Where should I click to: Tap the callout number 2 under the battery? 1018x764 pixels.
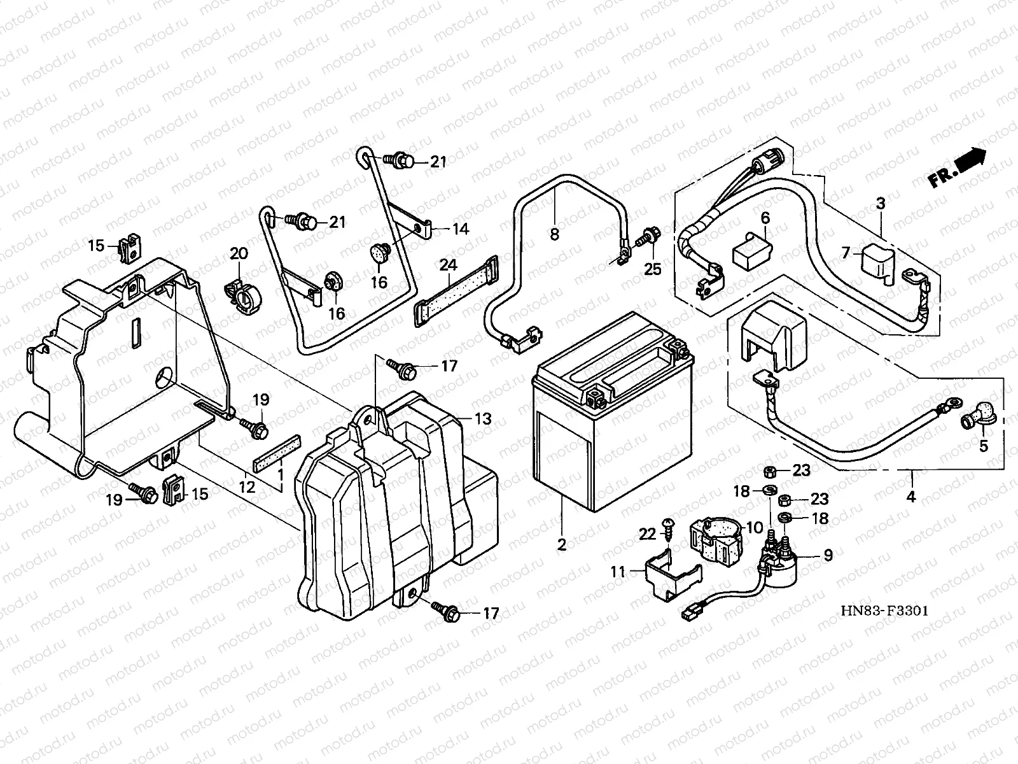tap(561, 545)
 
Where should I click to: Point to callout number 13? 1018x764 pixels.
tap(483, 419)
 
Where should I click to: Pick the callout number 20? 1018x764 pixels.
tap(239, 254)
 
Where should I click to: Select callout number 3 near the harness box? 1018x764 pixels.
tap(880, 204)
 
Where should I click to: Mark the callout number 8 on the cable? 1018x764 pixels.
tap(554, 234)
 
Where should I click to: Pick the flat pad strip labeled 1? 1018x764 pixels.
tap(277, 451)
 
